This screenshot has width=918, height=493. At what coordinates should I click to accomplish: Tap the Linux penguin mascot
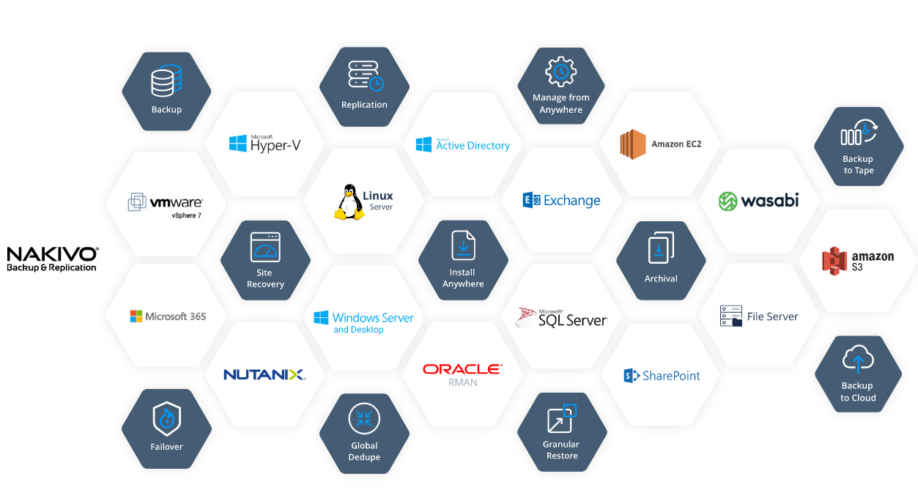pos(349,202)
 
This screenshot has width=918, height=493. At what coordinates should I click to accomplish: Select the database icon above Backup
pos(166,81)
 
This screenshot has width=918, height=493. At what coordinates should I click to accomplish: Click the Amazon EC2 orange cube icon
pos(632,144)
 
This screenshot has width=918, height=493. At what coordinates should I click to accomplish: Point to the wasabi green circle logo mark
pos(728,201)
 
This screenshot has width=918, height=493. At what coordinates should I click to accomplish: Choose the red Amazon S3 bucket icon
pos(834,261)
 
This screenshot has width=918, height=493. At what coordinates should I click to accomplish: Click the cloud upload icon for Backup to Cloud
pos(858,360)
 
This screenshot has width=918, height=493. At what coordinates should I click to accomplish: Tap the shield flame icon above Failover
pos(166,419)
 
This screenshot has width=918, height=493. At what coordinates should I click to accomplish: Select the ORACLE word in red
pos(462,369)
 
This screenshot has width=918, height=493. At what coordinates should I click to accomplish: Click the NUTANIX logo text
pos(264,374)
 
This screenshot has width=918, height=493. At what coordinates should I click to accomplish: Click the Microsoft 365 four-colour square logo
pos(136,316)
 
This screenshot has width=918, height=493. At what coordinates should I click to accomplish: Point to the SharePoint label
pos(671,376)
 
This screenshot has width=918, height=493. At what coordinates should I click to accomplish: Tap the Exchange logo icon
pos(531,201)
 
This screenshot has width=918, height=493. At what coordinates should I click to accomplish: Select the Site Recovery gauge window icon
pos(265,248)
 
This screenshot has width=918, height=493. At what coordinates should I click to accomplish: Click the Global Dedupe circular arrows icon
pos(364,418)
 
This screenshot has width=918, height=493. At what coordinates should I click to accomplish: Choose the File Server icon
pos(731,316)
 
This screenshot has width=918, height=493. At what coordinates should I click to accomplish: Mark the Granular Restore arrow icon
pos(562,418)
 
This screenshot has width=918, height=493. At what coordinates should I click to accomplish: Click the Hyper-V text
pos(275,146)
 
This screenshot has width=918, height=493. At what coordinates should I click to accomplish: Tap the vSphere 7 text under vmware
pos(186,215)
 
